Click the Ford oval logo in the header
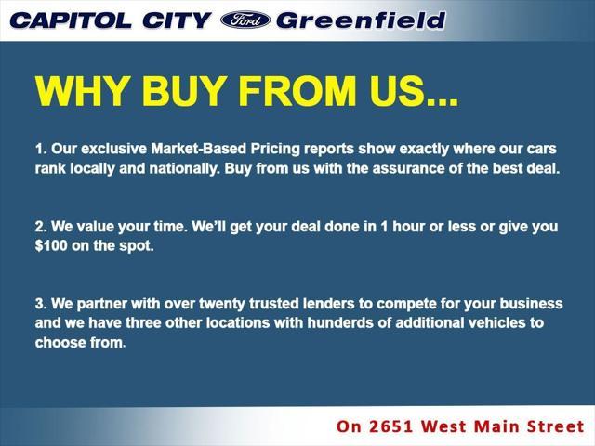(x=245, y=20)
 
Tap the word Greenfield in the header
(x=361, y=20)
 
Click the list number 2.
(x=40, y=227)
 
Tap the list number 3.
(x=40, y=304)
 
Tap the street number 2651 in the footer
(x=392, y=426)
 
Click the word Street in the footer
(x=550, y=426)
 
